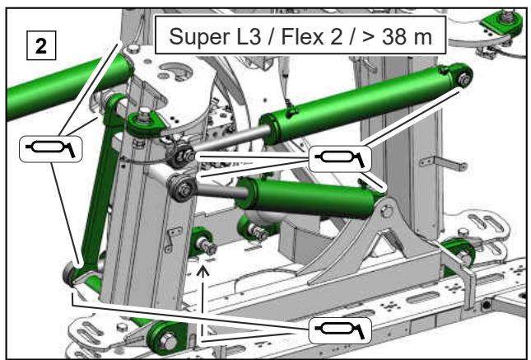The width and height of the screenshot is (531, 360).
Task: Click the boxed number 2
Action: tap(41, 45)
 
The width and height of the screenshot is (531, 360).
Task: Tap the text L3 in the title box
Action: tap(247, 36)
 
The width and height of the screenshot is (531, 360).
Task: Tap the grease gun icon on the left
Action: tap(51, 149)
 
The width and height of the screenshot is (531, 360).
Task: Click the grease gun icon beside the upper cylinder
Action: tap(340, 159)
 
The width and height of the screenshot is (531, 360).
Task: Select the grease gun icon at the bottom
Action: tap(340, 330)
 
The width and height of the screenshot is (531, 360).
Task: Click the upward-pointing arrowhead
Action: tap(203, 272)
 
